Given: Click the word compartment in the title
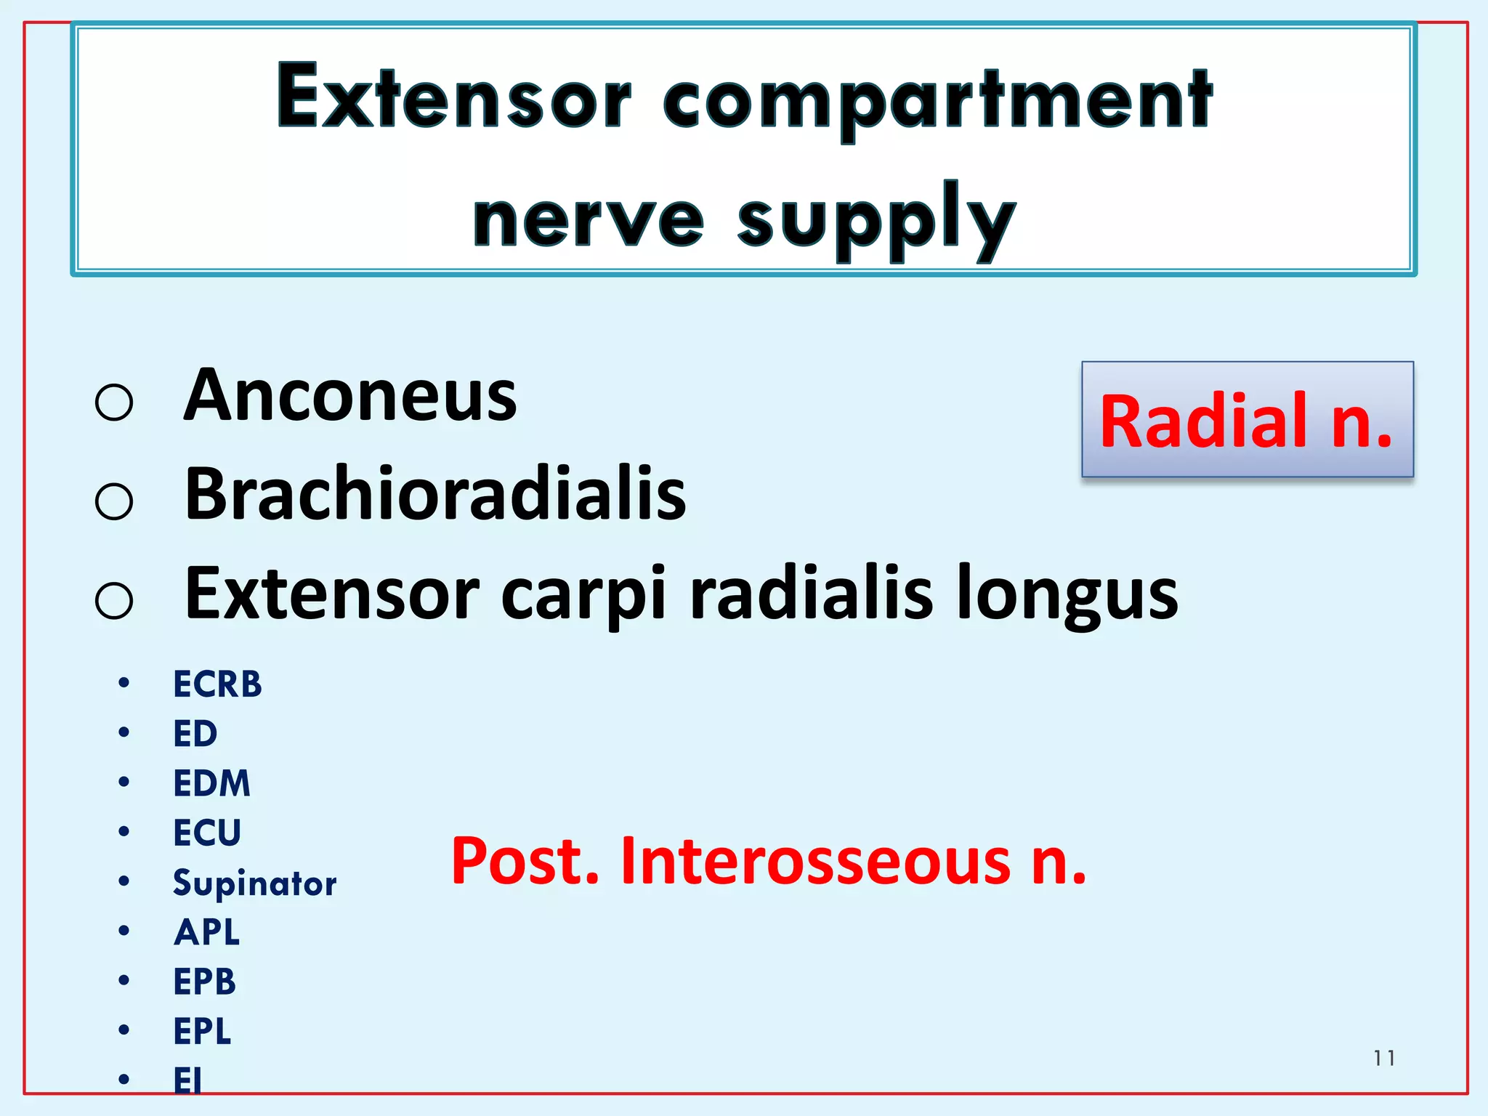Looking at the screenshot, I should [937, 102].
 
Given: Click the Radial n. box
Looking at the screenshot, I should [1247, 420].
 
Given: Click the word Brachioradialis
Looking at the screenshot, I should [435, 495].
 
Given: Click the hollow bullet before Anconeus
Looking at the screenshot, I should [114, 403].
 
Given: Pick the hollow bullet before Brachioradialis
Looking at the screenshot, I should [114, 501].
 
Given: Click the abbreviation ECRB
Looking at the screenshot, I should [217, 684].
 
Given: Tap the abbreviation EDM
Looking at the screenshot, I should [211, 783].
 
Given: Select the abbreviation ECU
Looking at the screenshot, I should [207, 833].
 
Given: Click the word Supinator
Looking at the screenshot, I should [254, 883].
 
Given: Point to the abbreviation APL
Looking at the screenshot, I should [207, 932].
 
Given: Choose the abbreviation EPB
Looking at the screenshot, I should [205, 982].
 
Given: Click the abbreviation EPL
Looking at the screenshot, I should [203, 1031].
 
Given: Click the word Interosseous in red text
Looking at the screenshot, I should [814, 862].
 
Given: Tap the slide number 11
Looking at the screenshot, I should [1384, 1058].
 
